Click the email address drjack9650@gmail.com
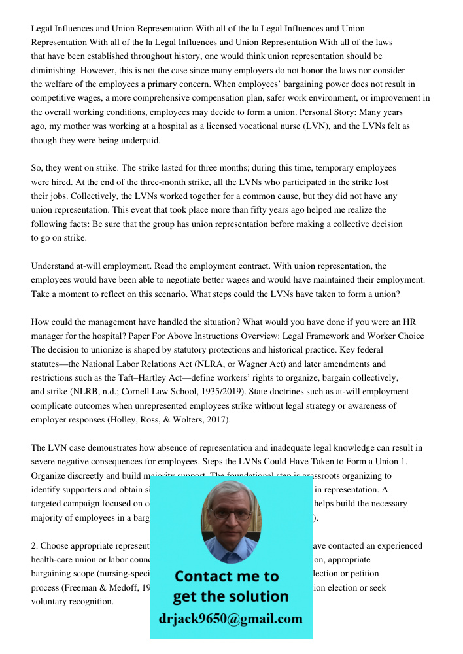(231, 619)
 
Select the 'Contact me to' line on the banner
(227, 576)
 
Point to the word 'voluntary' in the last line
(50, 602)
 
